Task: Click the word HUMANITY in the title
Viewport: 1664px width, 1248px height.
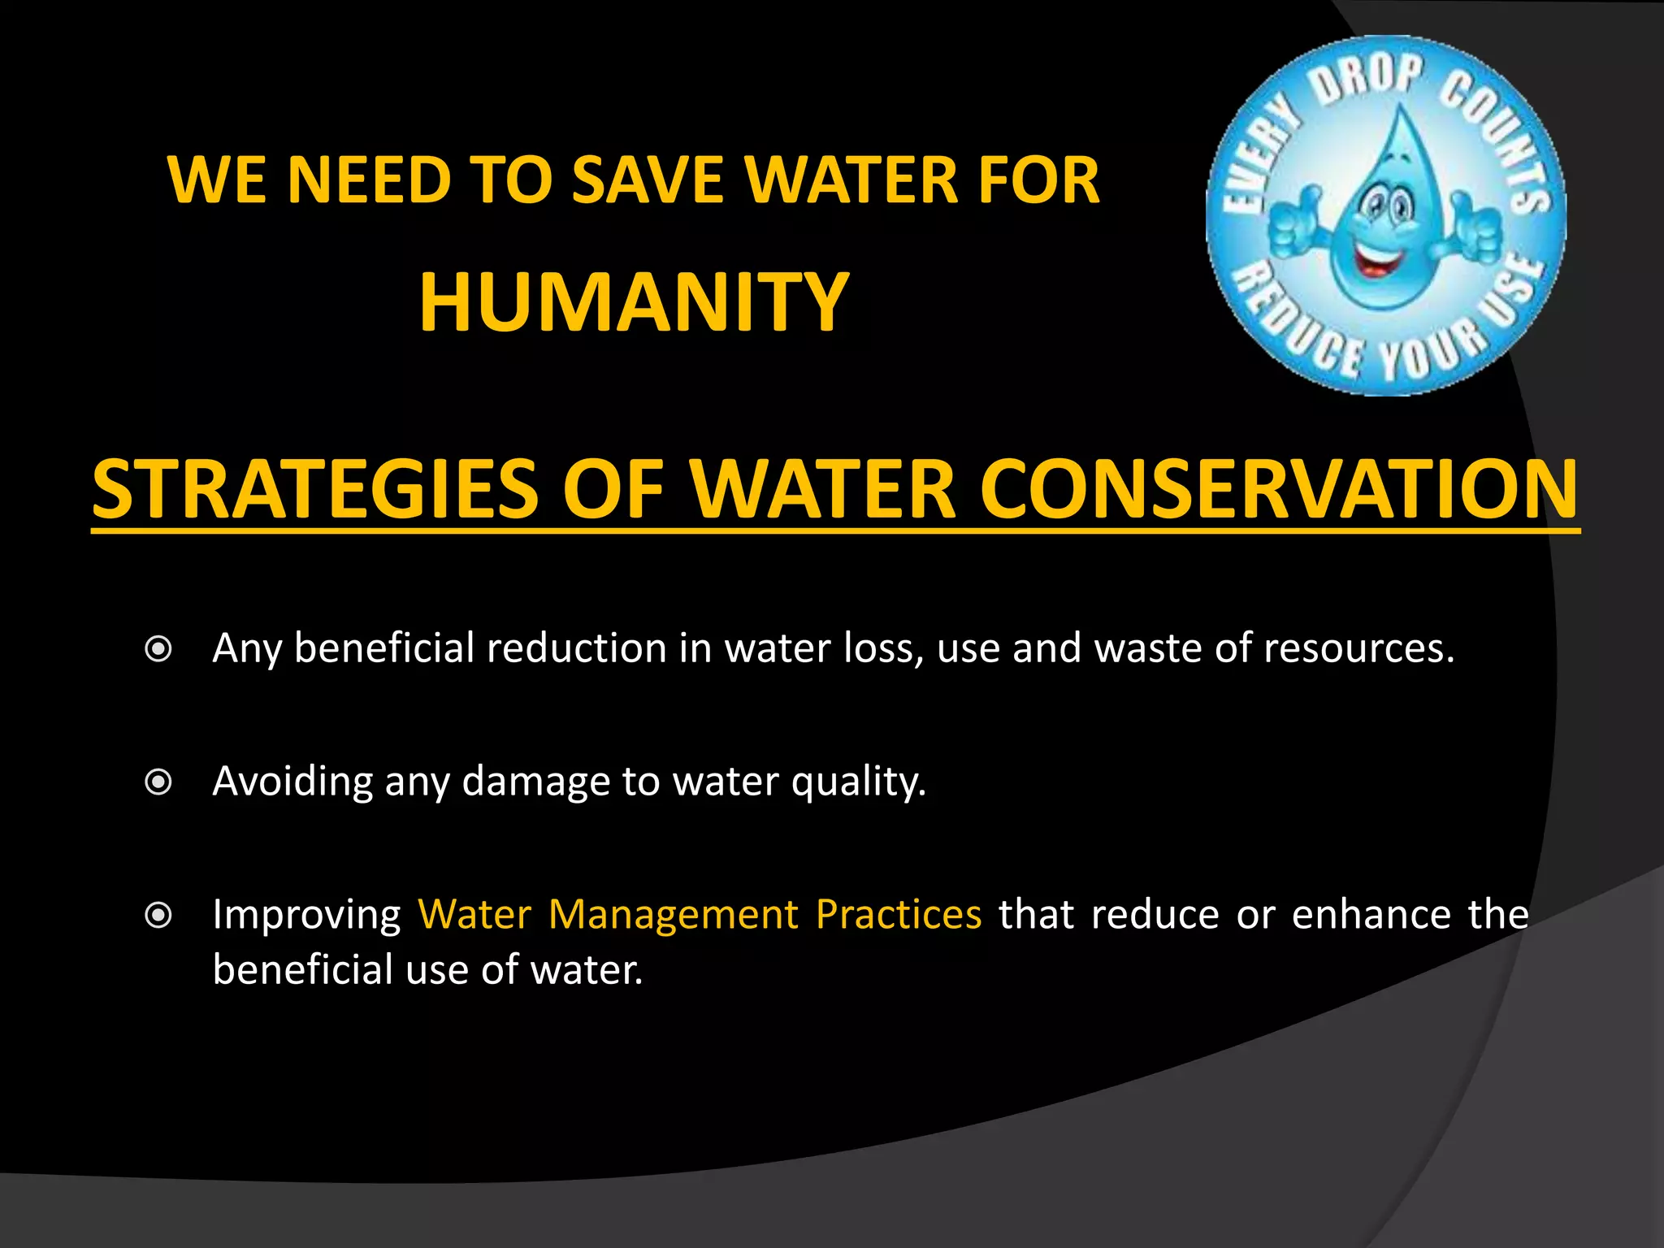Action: pyautogui.click(x=634, y=302)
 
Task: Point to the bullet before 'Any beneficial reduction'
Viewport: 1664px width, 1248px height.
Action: pyautogui.click(x=158, y=649)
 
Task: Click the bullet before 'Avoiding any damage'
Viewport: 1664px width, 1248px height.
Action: pyautogui.click(x=158, y=782)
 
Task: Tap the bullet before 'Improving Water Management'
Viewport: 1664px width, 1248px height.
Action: pyautogui.click(x=158, y=916)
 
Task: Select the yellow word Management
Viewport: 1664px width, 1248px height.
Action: pyautogui.click(x=674, y=915)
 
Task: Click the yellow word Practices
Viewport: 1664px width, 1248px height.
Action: pyautogui.click(x=899, y=915)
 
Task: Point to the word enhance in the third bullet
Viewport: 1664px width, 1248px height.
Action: pyautogui.click(x=1371, y=915)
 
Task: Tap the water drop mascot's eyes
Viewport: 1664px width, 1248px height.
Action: pyautogui.click(x=1386, y=208)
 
